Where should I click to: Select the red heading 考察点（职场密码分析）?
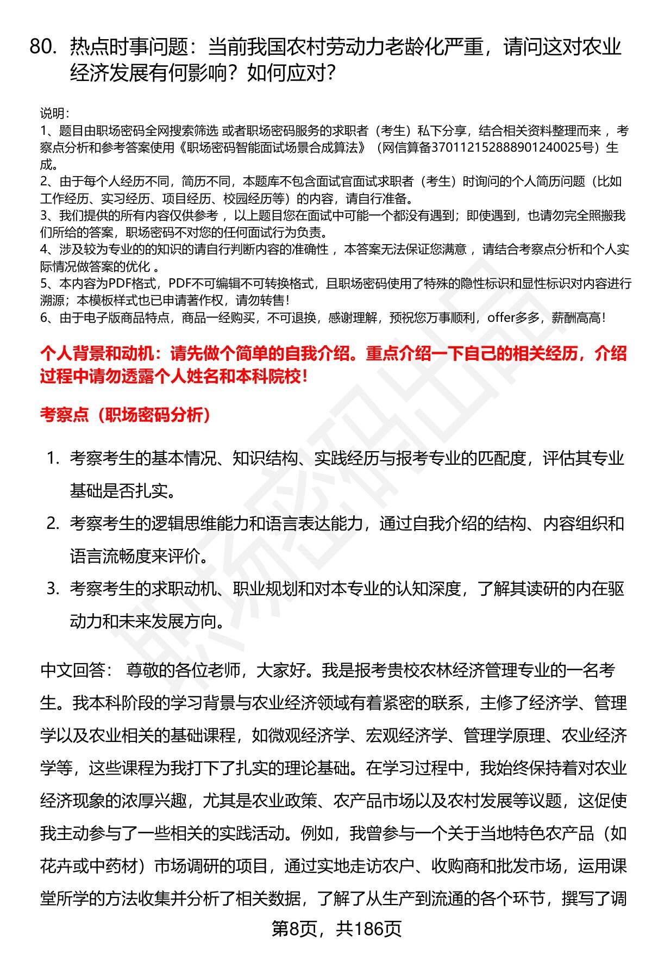click(x=126, y=415)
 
